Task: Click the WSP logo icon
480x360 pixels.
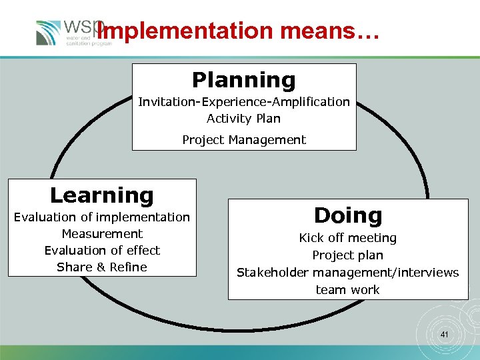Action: pyautogui.click(x=49, y=32)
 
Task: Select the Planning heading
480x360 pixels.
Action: pyautogui.click(x=243, y=80)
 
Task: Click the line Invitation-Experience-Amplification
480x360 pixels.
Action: pyautogui.click(x=243, y=102)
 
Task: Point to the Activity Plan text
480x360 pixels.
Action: pyautogui.click(x=243, y=119)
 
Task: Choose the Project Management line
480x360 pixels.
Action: pyautogui.click(x=243, y=140)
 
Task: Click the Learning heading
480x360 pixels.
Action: pyautogui.click(x=102, y=195)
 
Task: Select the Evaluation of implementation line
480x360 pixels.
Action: pyautogui.click(x=102, y=217)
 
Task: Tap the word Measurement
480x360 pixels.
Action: pyautogui.click(x=102, y=233)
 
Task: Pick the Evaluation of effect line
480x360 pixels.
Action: pyautogui.click(x=102, y=250)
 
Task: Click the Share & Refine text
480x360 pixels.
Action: pyautogui.click(x=102, y=267)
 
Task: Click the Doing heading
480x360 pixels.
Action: pyautogui.click(x=348, y=215)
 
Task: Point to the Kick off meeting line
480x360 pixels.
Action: pyautogui.click(x=348, y=238)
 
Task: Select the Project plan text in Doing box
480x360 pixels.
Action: pyautogui.click(x=348, y=255)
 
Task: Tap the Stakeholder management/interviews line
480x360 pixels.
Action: pyautogui.click(x=348, y=273)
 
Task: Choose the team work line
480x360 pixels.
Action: pyautogui.click(x=348, y=289)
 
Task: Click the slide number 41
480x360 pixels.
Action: pyautogui.click(x=445, y=335)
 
